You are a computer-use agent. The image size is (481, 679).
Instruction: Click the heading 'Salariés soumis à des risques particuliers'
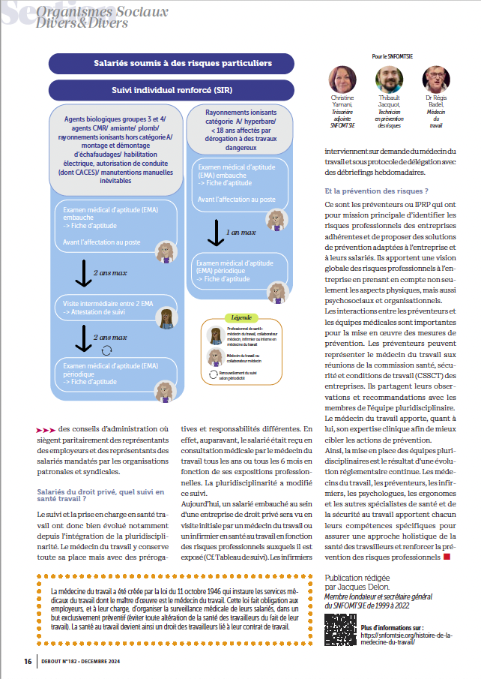[184, 64]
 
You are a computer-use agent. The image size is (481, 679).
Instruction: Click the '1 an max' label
[241, 233]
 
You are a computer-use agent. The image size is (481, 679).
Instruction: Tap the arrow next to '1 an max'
[214, 233]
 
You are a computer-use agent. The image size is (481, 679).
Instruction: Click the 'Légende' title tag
[242, 317]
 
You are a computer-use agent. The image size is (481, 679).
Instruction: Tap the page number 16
[27, 661]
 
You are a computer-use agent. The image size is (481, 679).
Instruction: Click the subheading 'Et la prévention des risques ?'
[377, 191]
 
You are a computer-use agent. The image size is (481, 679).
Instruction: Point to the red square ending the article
[447, 556]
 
